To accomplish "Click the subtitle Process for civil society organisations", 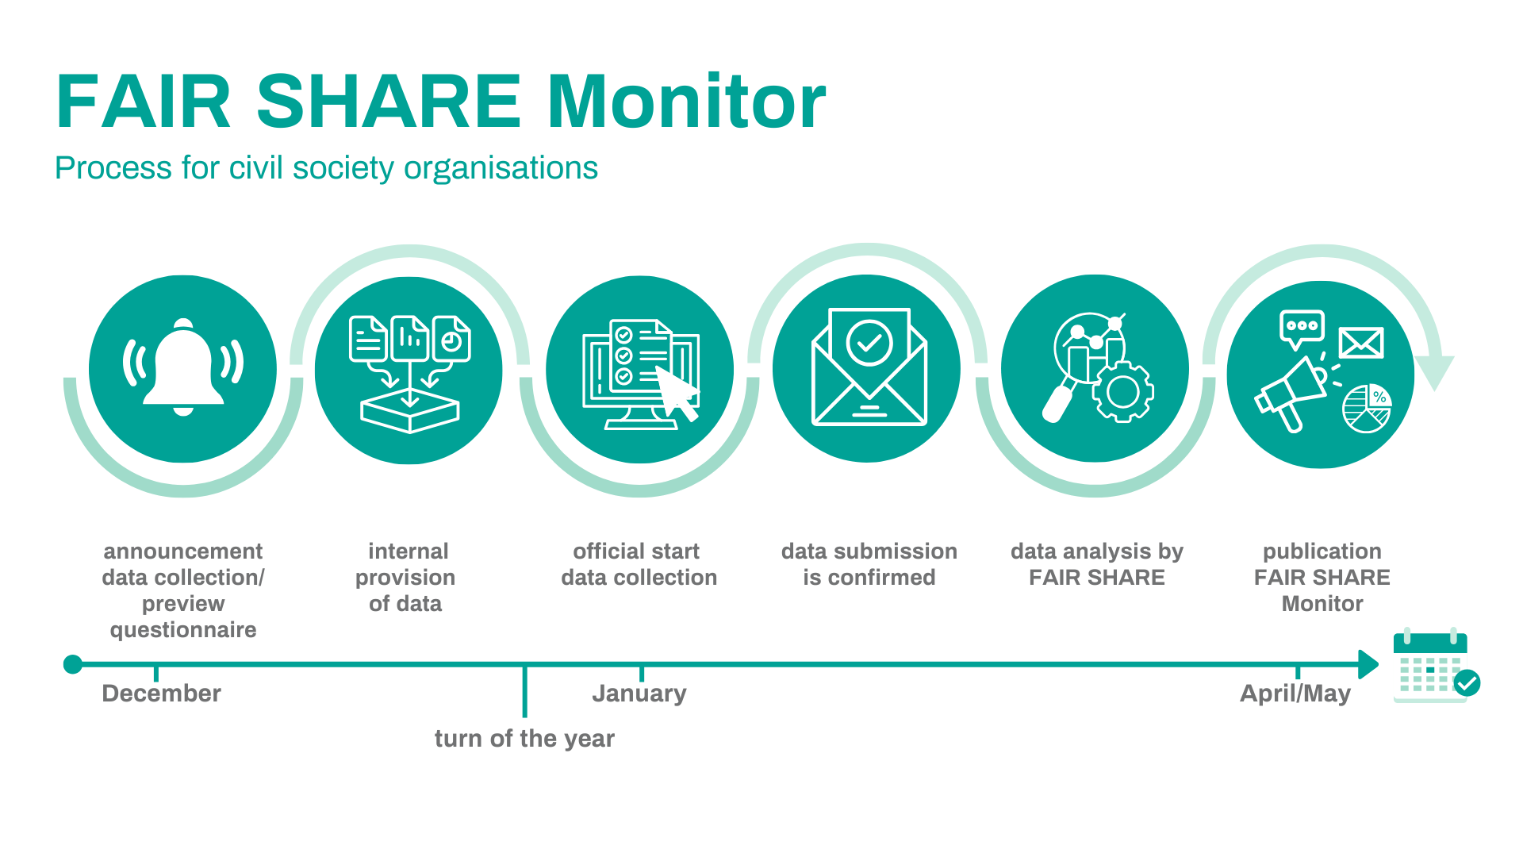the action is [x=326, y=168].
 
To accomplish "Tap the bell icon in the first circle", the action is [x=183, y=367].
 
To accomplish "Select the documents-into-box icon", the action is [x=409, y=374].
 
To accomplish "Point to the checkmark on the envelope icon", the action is [x=869, y=342].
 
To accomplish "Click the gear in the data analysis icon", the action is [x=1123, y=391].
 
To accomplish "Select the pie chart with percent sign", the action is [x=1367, y=409].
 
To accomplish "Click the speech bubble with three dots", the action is [x=1302, y=329].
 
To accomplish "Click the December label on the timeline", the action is [x=162, y=694].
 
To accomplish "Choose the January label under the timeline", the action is [x=639, y=694].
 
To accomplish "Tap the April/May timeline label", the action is [x=1295, y=694].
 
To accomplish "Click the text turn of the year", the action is [x=524, y=739].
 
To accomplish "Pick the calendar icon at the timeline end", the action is [x=1434, y=665].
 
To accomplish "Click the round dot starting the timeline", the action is [x=73, y=664].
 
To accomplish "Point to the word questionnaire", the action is [x=183, y=630].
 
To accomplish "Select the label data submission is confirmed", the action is [x=869, y=564].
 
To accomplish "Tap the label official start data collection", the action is [x=639, y=564].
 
